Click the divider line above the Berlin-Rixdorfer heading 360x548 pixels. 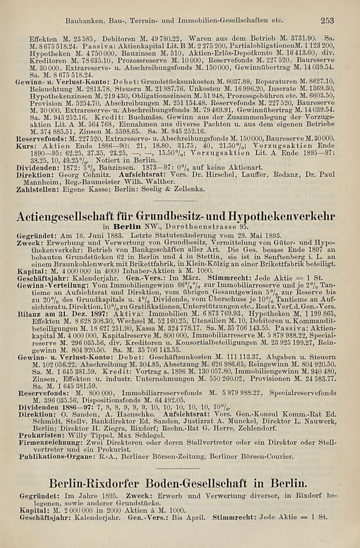(180, 469)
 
